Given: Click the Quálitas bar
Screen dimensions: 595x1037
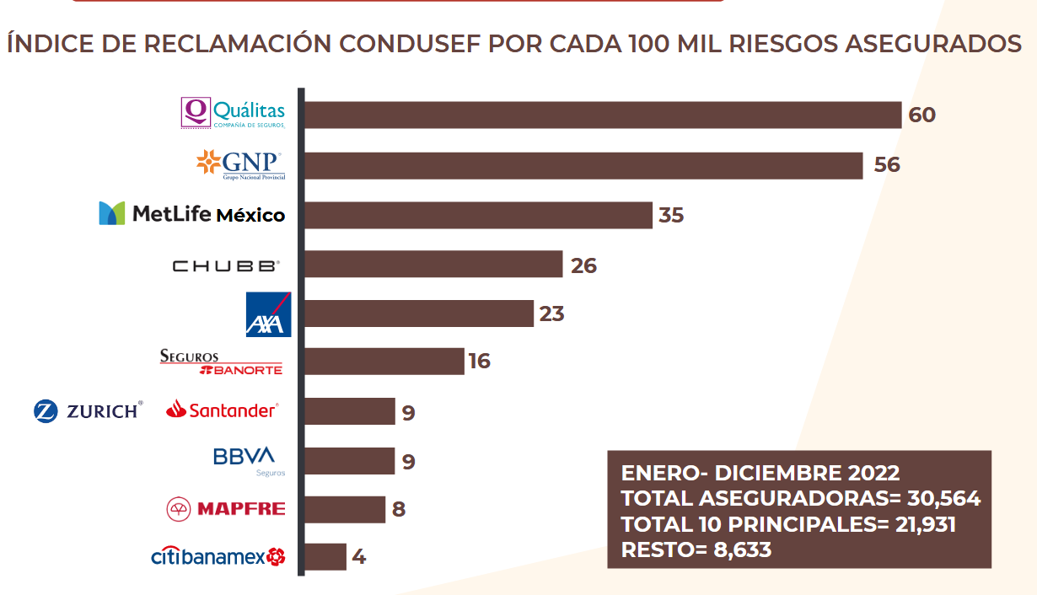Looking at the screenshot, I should tap(602, 115).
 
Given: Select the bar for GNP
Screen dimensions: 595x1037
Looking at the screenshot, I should tap(583, 165).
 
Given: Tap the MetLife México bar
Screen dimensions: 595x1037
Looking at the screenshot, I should tap(477, 215).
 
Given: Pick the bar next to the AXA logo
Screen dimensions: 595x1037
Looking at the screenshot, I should tap(418, 314).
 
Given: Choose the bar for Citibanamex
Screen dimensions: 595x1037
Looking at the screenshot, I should tap(325, 557).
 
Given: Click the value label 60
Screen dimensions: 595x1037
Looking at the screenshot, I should tap(922, 115).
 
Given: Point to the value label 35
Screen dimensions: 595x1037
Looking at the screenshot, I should tap(671, 215).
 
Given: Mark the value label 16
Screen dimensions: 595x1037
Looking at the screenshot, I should tap(480, 362).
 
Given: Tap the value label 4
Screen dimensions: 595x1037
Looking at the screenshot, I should tap(359, 557).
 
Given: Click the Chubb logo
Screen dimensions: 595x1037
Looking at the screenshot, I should tap(225, 266).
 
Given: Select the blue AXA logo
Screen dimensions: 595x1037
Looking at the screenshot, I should tap(268, 314).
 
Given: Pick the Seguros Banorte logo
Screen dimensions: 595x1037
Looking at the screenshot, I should tap(221, 362).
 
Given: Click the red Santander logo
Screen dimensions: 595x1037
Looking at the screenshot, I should tap(222, 410).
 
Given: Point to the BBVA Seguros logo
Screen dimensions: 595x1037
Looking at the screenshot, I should tap(244, 460).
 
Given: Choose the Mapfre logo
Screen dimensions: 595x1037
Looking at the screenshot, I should tap(226, 508).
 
